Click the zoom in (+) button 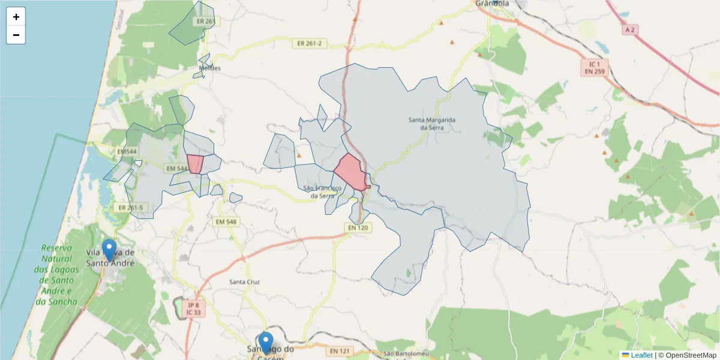(16, 17)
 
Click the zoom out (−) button (16, 35)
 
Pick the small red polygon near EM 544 (194, 164)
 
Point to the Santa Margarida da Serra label (432, 124)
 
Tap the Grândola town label (491, 4)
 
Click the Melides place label (206, 68)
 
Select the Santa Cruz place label (244, 281)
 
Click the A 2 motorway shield (629, 29)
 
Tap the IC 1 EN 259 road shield (595, 67)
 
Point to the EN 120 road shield (358, 227)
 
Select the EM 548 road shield (226, 222)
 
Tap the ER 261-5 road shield (131, 208)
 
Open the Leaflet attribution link (641, 355)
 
